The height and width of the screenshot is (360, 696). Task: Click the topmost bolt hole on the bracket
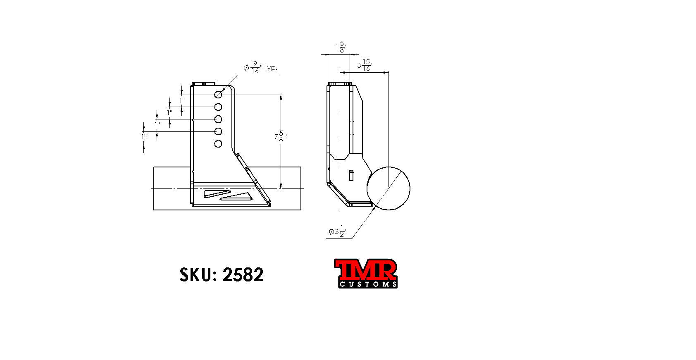(x=218, y=95)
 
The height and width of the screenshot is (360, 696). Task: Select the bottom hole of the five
(x=218, y=144)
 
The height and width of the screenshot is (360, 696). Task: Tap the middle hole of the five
(x=218, y=119)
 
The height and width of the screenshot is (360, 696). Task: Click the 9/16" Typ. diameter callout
(x=260, y=68)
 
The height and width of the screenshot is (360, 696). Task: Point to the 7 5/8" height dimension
(x=281, y=137)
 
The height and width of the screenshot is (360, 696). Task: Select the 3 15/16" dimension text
(x=365, y=65)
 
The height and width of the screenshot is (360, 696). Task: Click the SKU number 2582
(x=243, y=275)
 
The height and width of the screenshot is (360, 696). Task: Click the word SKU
(x=196, y=275)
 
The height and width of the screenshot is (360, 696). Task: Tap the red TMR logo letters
(x=365, y=269)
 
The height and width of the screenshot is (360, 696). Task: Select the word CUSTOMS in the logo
(x=367, y=284)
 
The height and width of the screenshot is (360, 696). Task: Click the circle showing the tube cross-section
(x=388, y=188)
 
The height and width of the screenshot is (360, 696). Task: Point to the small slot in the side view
(x=351, y=175)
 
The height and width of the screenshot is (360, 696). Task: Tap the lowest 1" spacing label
(x=144, y=136)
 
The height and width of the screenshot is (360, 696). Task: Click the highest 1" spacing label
(x=182, y=100)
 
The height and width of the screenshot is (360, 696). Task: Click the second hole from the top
(x=218, y=107)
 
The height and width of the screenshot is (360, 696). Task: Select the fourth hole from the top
(x=218, y=131)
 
